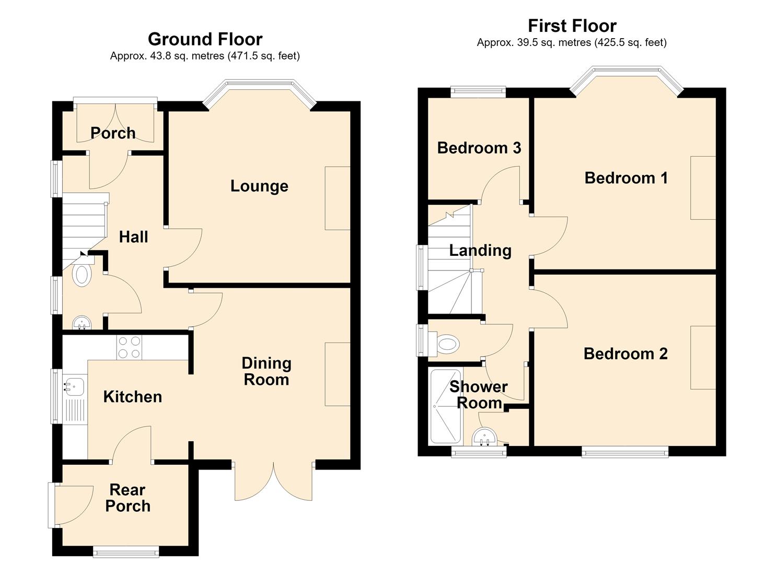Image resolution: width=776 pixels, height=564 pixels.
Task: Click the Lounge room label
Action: pyautogui.click(x=259, y=186)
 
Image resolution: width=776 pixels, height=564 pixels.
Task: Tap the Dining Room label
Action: pyautogui.click(x=267, y=371)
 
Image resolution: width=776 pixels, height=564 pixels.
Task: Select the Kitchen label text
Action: pyautogui.click(x=133, y=397)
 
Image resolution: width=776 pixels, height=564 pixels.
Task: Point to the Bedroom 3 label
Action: pyautogui.click(x=479, y=148)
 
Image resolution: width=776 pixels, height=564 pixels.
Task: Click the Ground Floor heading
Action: pyautogui.click(x=205, y=39)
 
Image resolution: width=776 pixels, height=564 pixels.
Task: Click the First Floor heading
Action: pyautogui.click(x=572, y=26)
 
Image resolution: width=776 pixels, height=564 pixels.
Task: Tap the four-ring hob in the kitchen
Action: pyautogui.click(x=129, y=347)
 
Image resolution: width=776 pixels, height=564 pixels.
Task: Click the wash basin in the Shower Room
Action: pyautogui.click(x=484, y=437)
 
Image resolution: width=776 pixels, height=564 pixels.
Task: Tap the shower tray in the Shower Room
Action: pyautogui.click(x=446, y=407)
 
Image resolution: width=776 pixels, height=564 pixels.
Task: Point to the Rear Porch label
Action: pyautogui.click(x=128, y=498)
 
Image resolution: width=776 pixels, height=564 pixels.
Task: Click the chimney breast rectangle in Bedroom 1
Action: pyautogui.click(x=703, y=187)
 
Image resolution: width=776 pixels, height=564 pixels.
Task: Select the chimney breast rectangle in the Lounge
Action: pyautogui.click(x=338, y=198)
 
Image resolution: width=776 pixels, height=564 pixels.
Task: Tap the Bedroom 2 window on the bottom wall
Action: pyautogui.click(x=626, y=452)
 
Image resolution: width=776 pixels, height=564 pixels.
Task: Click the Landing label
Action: pyautogui.click(x=480, y=251)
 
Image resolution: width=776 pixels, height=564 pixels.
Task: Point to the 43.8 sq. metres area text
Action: pyautogui.click(x=187, y=56)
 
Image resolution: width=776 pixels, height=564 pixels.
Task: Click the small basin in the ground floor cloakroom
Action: pyautogui.click(x=82, y=323)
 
